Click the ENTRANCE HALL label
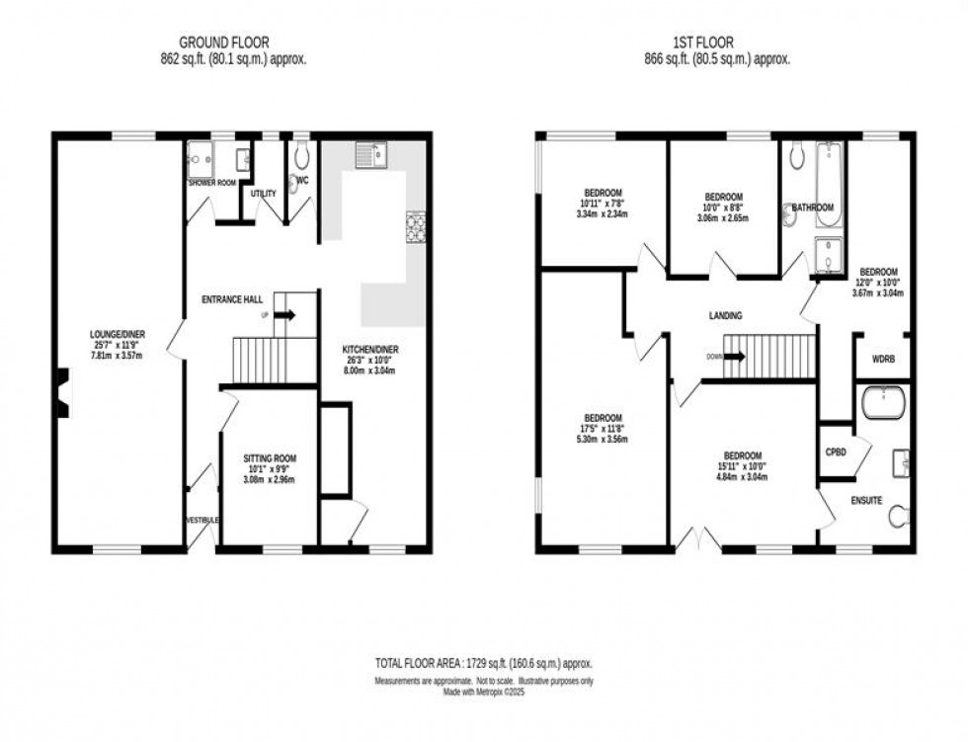click(230, 299)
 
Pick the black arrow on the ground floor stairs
click(284, 315)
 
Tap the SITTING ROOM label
click(270, 458)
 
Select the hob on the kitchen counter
click(416, 226)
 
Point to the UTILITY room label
click(263, 194)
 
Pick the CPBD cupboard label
click(836, 452)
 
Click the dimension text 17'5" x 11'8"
click(602, 428)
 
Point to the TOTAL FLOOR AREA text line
click(483, 664)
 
